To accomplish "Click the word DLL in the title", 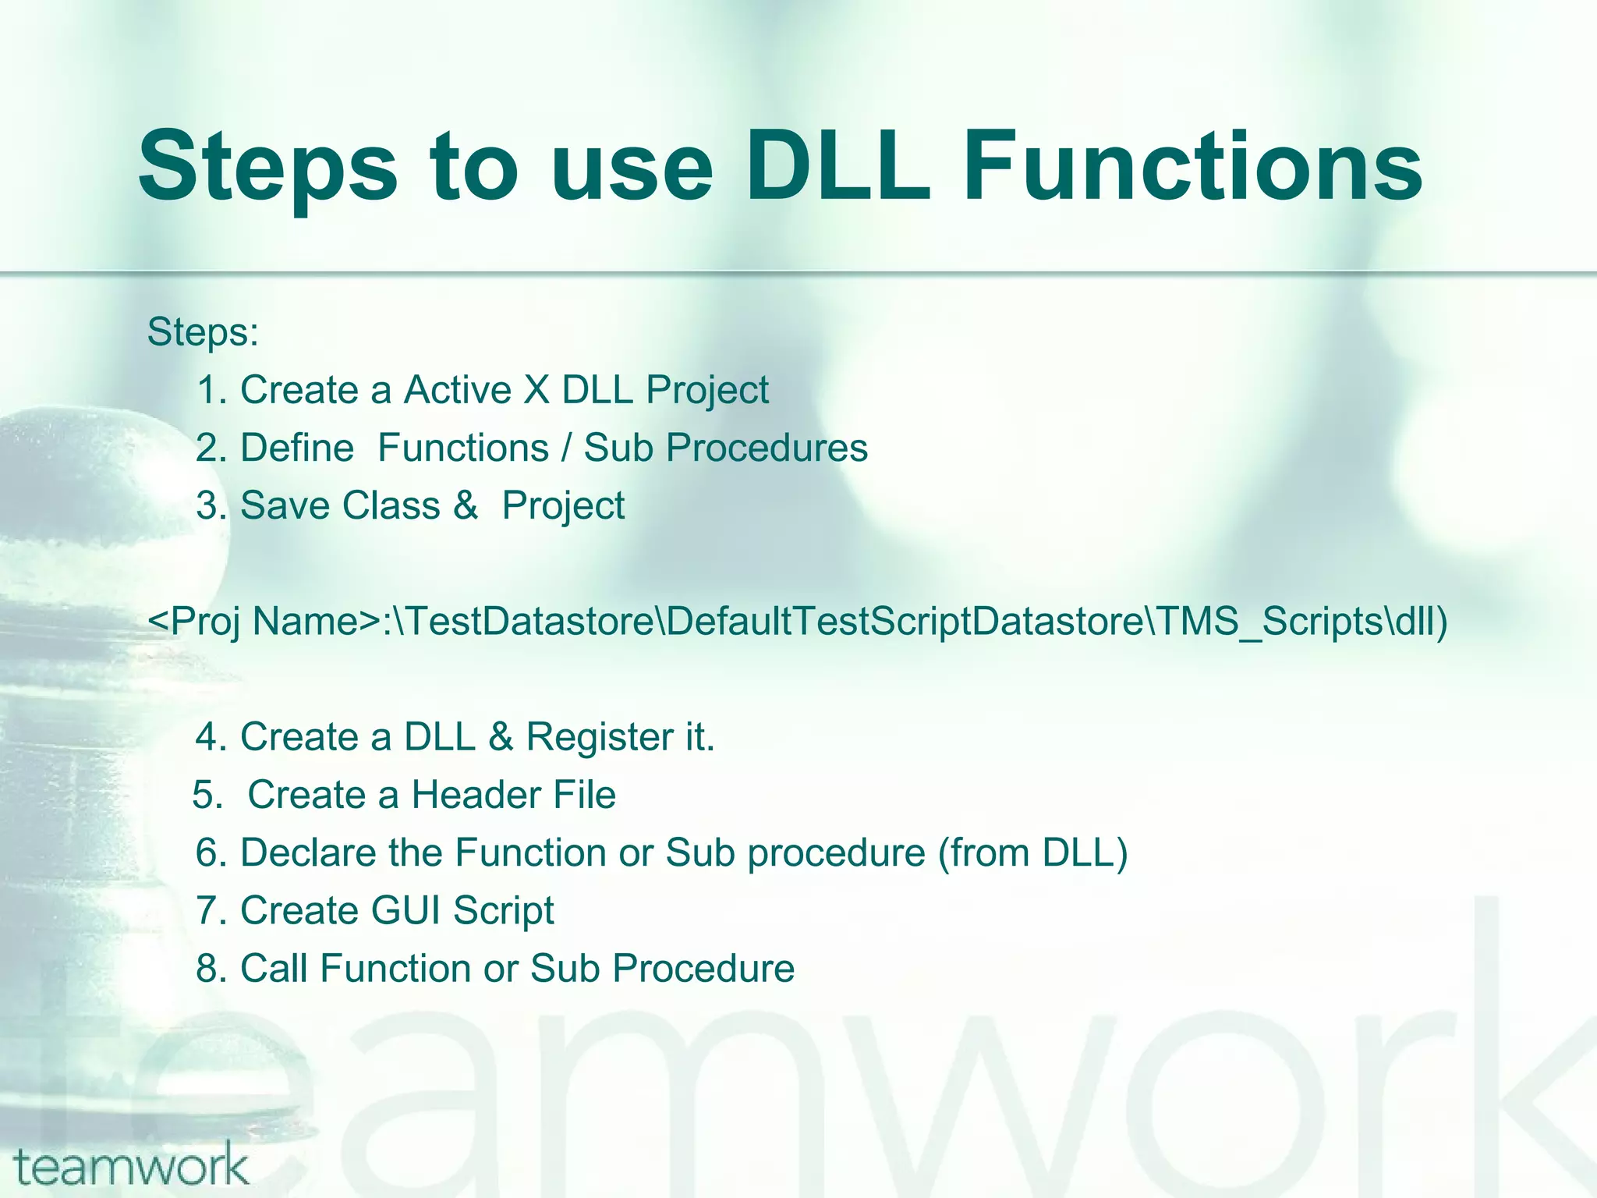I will [x=838, y=167].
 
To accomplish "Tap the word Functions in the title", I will [x=1193, y=167].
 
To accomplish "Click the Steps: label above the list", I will [x=203, y=332].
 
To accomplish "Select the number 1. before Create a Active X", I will [x=211, y=390].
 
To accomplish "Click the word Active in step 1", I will [x=458, y=390].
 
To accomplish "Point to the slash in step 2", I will [x=567, y=448].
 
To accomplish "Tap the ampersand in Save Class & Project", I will [x=465, y=505].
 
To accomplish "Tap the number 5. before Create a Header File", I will [x=207, y=795].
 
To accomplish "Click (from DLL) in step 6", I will [x=1033, y=852].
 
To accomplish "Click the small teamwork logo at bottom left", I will [x=131, y=1165].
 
